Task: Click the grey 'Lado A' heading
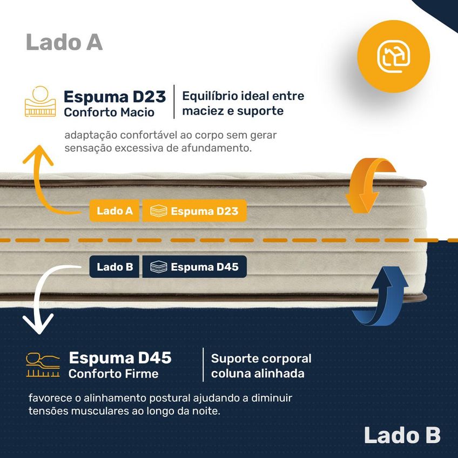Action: coord(64,42)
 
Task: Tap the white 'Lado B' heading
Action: coord(402,435)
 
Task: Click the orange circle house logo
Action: coord(393,56)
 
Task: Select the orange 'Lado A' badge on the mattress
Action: coord(114,211)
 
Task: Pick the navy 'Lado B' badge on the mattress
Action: coord(114,267)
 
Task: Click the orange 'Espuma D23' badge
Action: coord(194,211)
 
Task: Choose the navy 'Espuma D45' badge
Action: coord(194,267)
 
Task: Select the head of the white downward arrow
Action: coord(38,325)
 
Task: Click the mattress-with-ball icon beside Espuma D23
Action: coord(41,102)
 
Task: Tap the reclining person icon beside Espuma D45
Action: coord(43,365)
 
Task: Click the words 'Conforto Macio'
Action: coord(109,112)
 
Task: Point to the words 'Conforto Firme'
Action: coord(113,374)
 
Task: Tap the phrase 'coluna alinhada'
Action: coord(258,373)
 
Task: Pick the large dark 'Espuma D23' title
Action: coord(115,97)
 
